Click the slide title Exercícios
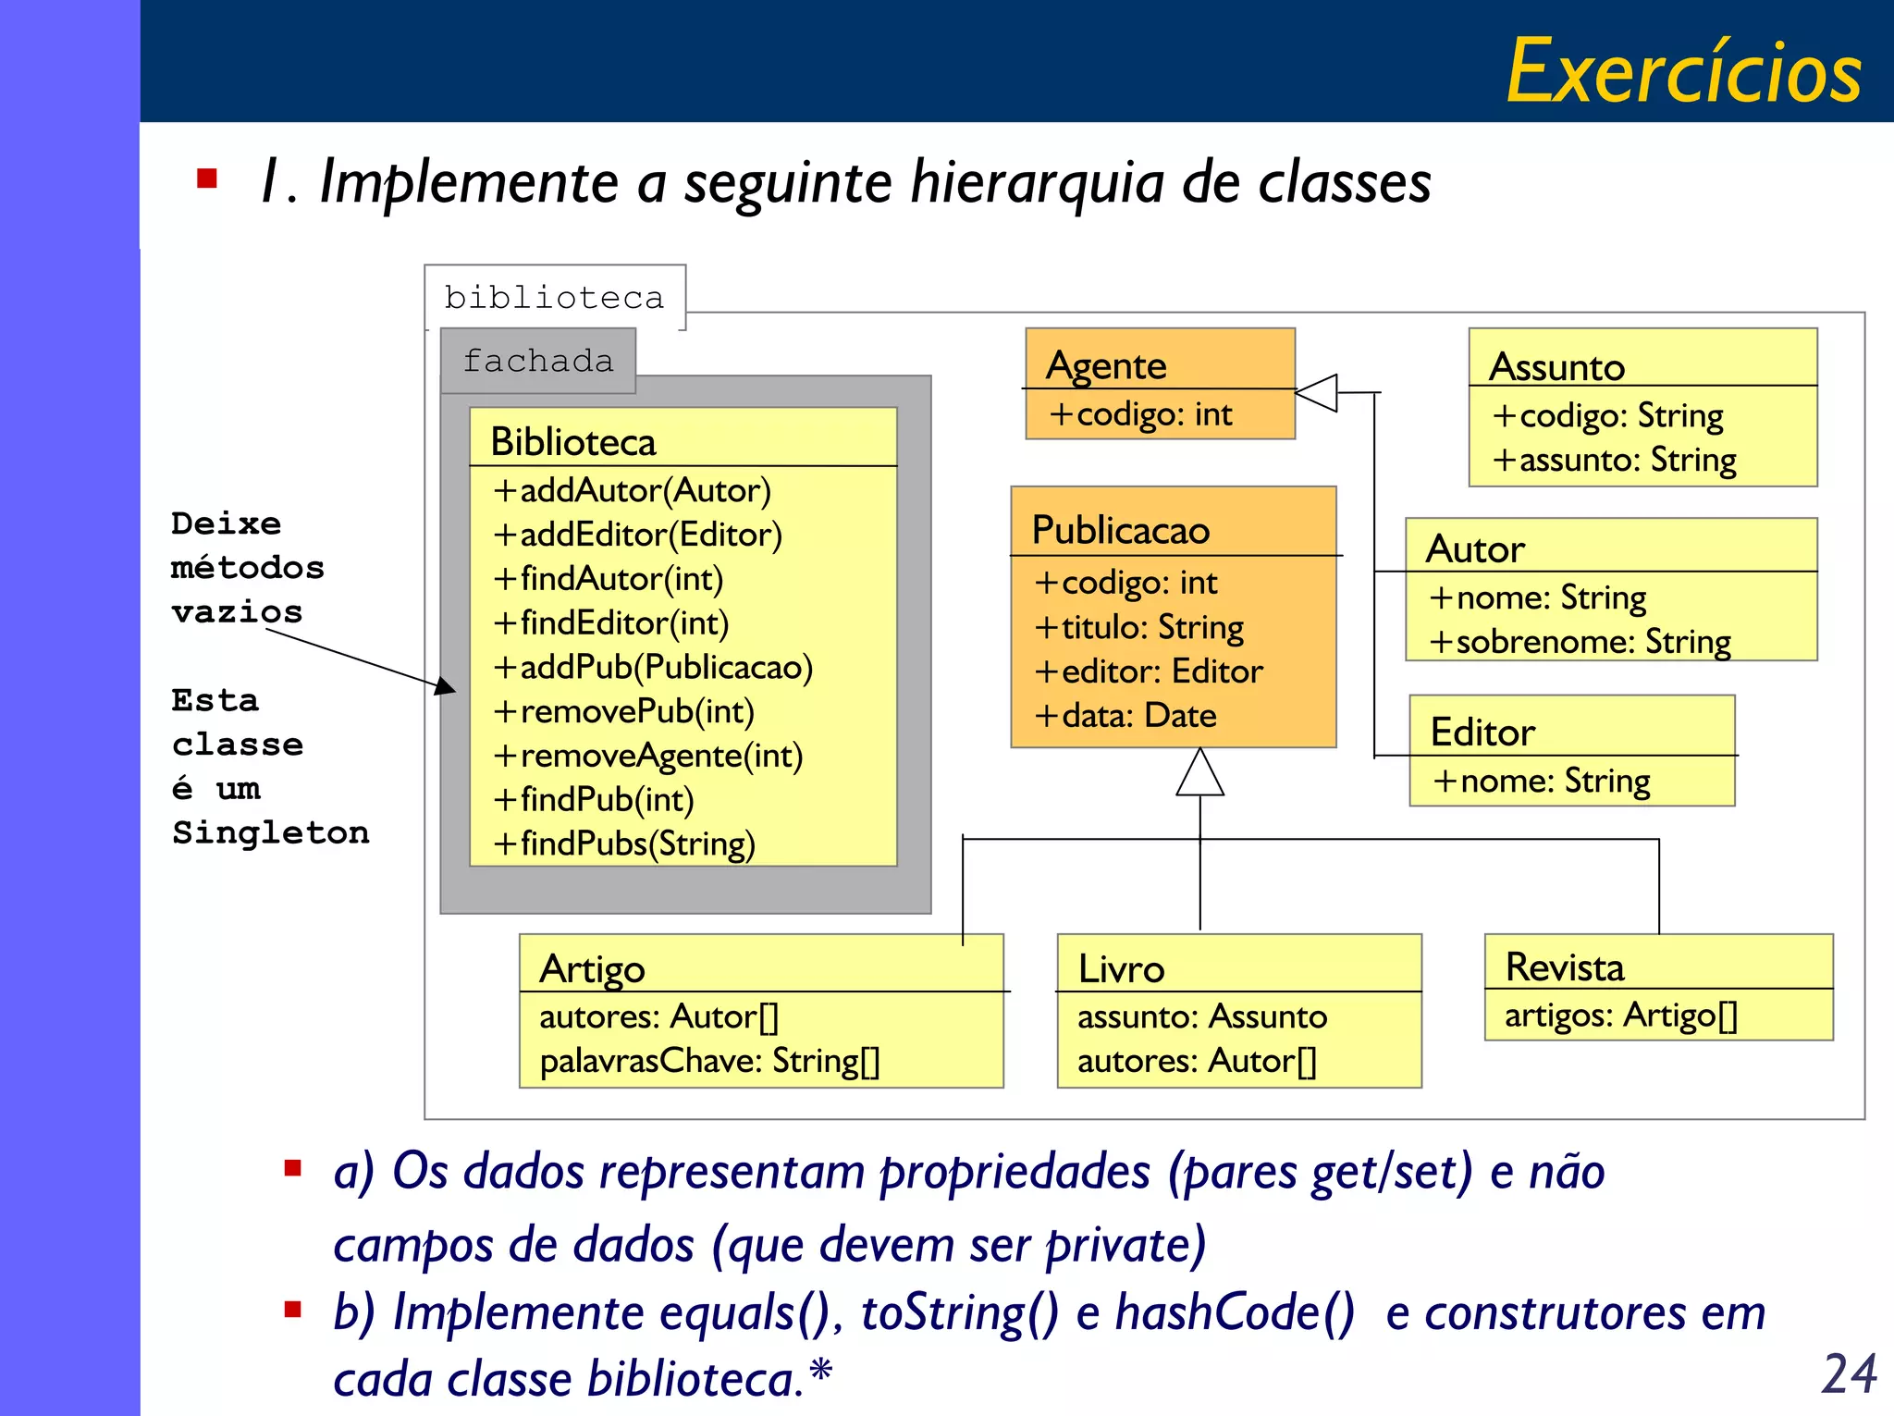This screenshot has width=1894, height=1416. [1683, 72]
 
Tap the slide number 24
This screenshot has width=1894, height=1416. [1849, 1373]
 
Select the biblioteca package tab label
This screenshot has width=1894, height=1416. [554, 298]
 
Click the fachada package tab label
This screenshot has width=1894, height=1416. [538, 361]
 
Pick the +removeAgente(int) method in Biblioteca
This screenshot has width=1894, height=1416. [647, 756]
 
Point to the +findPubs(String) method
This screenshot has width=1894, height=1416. [624, 843]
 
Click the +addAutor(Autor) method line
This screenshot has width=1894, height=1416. [632, 490]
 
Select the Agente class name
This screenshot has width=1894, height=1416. [1106, 365]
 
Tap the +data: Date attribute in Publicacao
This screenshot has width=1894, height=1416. [1125, 715]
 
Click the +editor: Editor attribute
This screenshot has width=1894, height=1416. [1149, 671]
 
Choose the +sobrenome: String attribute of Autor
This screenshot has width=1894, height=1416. [1580, 642]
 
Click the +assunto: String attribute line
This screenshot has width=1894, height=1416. [1614, 460]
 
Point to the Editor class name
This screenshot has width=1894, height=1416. [1482, 732]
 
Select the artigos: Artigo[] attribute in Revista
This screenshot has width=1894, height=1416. [1621, 1016]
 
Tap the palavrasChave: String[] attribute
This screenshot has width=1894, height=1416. [709, 1061]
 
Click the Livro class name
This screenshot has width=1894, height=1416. [1121, 968]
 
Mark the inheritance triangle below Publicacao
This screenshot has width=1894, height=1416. [1199, 773]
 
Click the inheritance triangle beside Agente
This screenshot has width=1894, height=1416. [1317, 393]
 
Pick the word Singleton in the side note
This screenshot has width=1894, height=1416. [270, 832]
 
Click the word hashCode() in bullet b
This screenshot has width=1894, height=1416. [1235, 1312]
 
